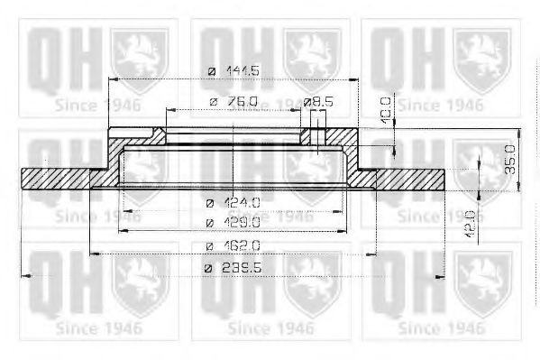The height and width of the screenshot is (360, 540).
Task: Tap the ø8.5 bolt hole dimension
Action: point(318,102)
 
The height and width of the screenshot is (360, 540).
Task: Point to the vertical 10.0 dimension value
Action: point(386,109)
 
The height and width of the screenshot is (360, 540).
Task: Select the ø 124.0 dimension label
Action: point(233,202)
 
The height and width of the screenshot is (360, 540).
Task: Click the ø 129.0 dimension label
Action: point(233,221)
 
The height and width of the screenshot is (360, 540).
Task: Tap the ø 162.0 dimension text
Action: point(233,245)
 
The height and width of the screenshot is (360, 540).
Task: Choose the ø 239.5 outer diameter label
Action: point(233,267)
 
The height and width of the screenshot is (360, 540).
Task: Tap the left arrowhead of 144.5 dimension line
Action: point(109,79)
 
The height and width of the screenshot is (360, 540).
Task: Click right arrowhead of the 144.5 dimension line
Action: point(358,79)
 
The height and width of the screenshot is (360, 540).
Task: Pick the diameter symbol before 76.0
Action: point(213,102)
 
